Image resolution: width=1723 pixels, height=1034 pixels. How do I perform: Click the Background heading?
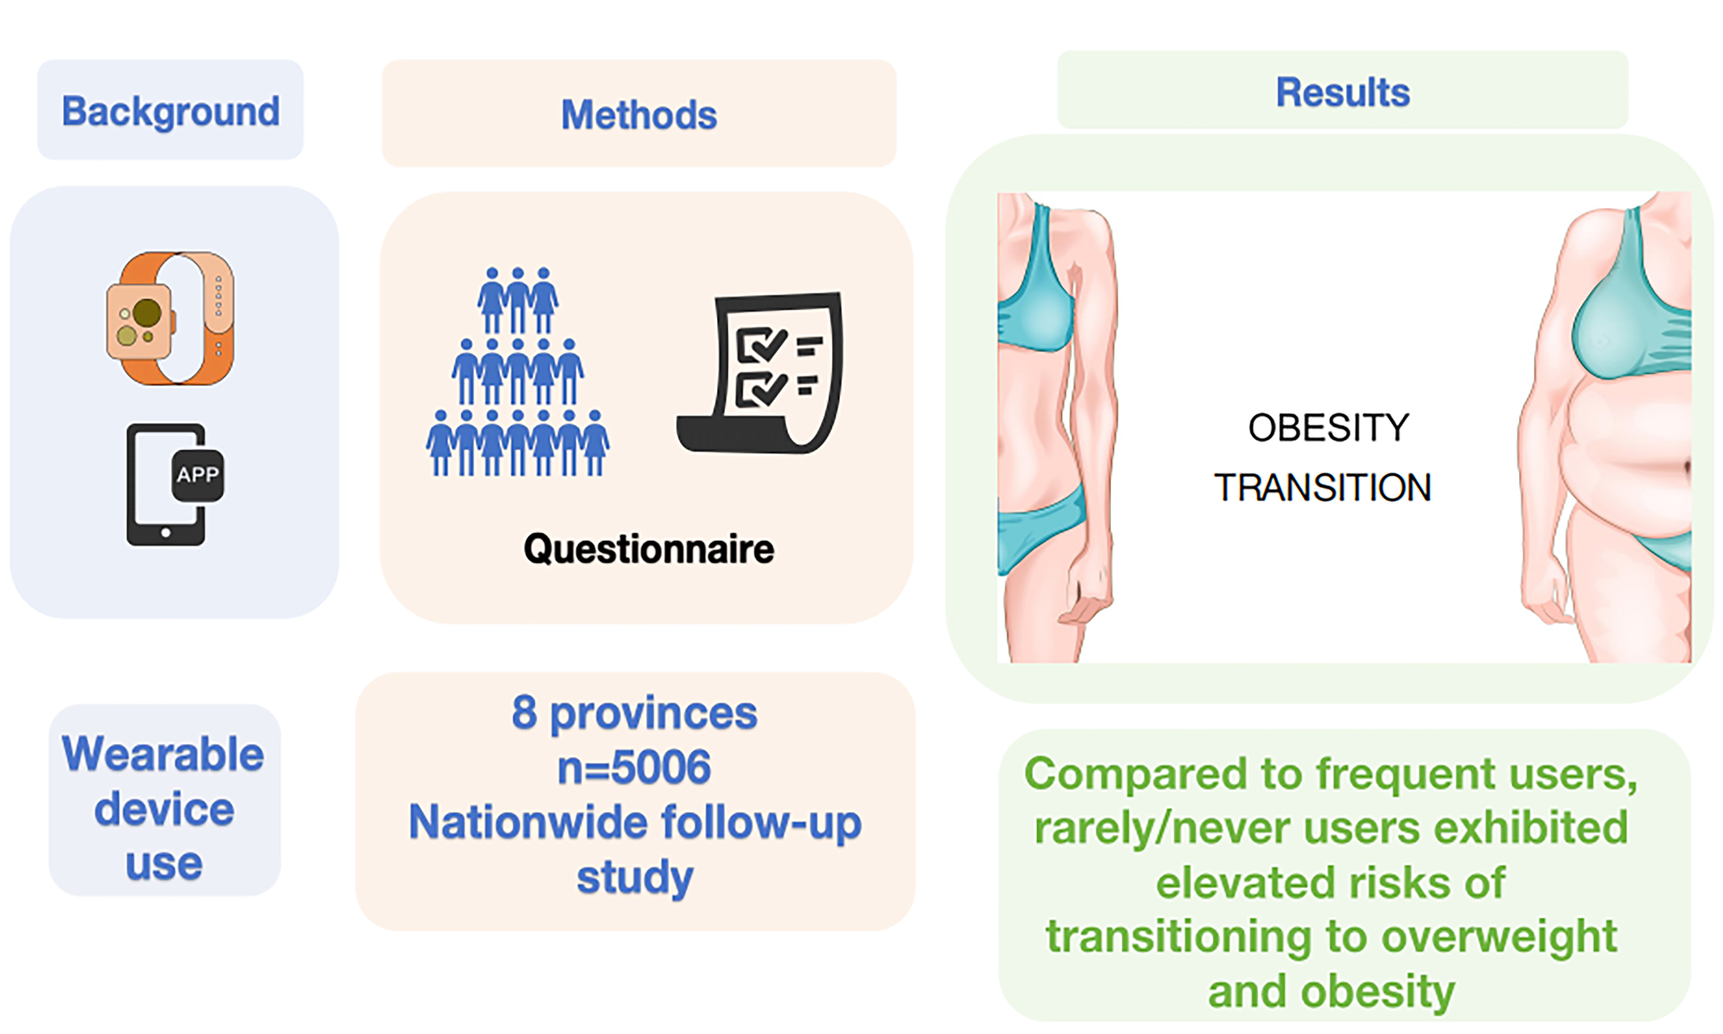tap(171, 111)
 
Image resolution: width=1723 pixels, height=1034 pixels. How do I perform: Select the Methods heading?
tap(639, 115)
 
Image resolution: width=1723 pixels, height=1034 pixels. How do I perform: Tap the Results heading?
tap(1343, 93)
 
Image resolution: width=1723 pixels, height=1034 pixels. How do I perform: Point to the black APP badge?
tap(198, 475)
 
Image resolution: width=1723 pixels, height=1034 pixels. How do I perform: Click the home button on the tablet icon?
tap(166, 533)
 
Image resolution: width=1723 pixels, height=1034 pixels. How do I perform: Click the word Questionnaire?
tap(649, 549)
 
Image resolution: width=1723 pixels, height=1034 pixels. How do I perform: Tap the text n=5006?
tap(634, 767)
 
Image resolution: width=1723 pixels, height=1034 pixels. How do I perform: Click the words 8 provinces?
tap(634, 713)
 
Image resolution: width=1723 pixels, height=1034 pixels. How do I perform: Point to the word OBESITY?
tap(1328, 428)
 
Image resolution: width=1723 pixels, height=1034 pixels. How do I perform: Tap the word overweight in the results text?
tap(1498, 937)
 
